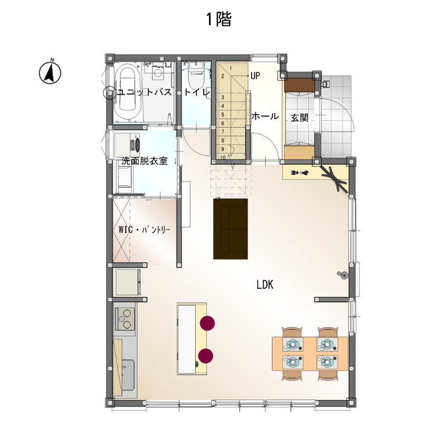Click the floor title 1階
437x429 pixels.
pos(219,20)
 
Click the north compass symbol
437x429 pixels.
pos(50,72)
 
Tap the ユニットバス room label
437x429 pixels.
pos(144,92)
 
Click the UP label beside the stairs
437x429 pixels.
pos(255,75)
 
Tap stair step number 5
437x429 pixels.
pos(223,115)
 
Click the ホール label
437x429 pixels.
pos(265,116)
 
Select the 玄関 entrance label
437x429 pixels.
pos(299,118)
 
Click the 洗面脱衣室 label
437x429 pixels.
pos(145,161)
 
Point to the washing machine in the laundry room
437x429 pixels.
pos(127,145)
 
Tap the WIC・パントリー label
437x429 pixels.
pos(144,230)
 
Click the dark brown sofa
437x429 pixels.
pos(231,228)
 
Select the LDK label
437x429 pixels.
pos(265,285)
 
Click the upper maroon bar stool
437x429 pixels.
pos(207,323)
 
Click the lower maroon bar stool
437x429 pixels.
pos(206,356)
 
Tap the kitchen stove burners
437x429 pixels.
pos(125,319)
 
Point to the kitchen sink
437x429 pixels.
pos(128,375)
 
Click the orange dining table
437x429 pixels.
pos(310,354)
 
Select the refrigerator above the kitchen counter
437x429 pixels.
pos(128,282)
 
